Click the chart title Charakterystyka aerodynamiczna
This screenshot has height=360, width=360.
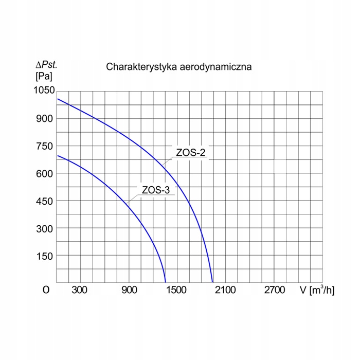point(178,67)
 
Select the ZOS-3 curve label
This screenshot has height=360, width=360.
point(155,190)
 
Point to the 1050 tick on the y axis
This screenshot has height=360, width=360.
point(43,91)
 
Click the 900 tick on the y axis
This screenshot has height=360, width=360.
point(45,118)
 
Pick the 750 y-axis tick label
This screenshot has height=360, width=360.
point(45,146)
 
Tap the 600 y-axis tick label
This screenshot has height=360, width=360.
point(45,173)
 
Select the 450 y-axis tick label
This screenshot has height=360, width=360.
point(45,201)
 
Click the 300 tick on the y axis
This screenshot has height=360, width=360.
point(45,228)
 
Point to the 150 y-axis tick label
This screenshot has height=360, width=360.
point(45,256)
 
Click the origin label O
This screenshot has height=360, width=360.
point(46,290)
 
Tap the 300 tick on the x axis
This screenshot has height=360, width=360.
point(80,290)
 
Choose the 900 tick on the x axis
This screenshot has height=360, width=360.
point(129,290)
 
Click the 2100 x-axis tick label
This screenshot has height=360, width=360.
point(225,290)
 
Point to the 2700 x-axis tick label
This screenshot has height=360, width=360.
point(274,290)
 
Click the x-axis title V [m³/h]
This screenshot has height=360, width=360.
point(317,290)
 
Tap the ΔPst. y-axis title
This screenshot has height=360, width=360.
point(46,65)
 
